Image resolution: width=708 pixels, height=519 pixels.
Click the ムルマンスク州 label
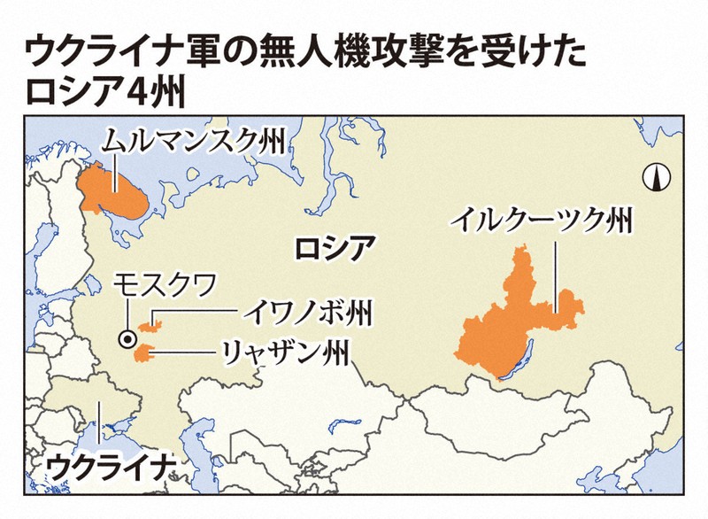click(193, 141)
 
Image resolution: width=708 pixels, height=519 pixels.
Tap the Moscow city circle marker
click(128, 337)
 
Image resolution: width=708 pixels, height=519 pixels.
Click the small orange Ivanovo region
click(151, 325)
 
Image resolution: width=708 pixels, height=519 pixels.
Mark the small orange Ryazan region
click(141, 354)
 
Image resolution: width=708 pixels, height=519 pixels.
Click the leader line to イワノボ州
click(199, 312)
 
